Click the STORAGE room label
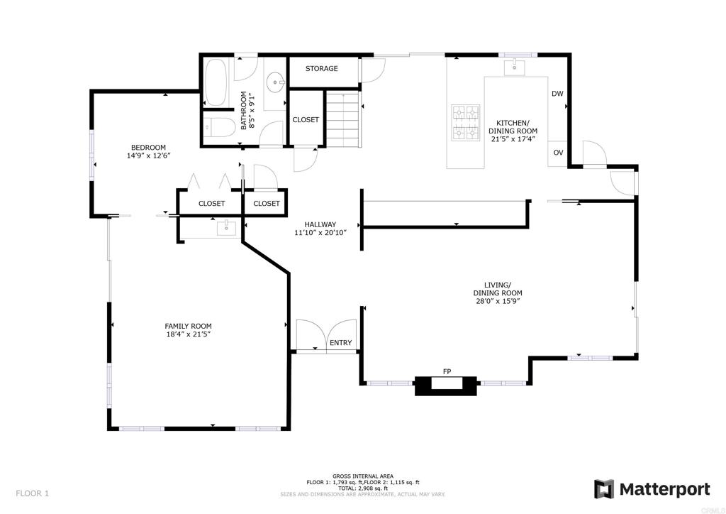321,69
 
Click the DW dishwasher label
557,94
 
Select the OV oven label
558,153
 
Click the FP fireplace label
447,371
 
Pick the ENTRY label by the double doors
340,343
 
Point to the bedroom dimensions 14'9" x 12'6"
149,155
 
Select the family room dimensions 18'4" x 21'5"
188,334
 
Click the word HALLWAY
320,224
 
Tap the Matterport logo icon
604,489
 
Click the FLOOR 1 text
33,493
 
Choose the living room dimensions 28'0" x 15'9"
498,301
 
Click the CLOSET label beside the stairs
306,120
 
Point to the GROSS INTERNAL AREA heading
363,476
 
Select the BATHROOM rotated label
244,110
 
